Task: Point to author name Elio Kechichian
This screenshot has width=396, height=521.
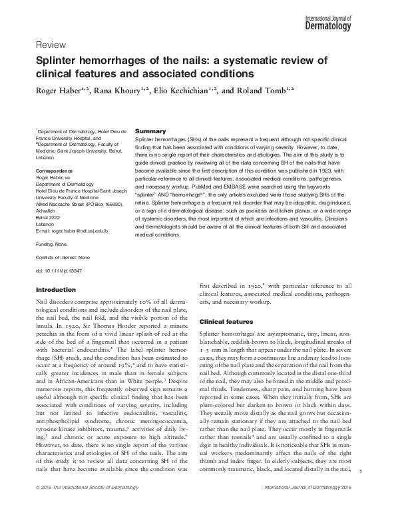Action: coord(191,89)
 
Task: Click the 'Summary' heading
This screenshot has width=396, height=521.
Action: coord(150,131)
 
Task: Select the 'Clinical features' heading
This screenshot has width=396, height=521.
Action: coord(227,322)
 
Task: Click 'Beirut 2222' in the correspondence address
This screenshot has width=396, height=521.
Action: coord(49,219)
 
